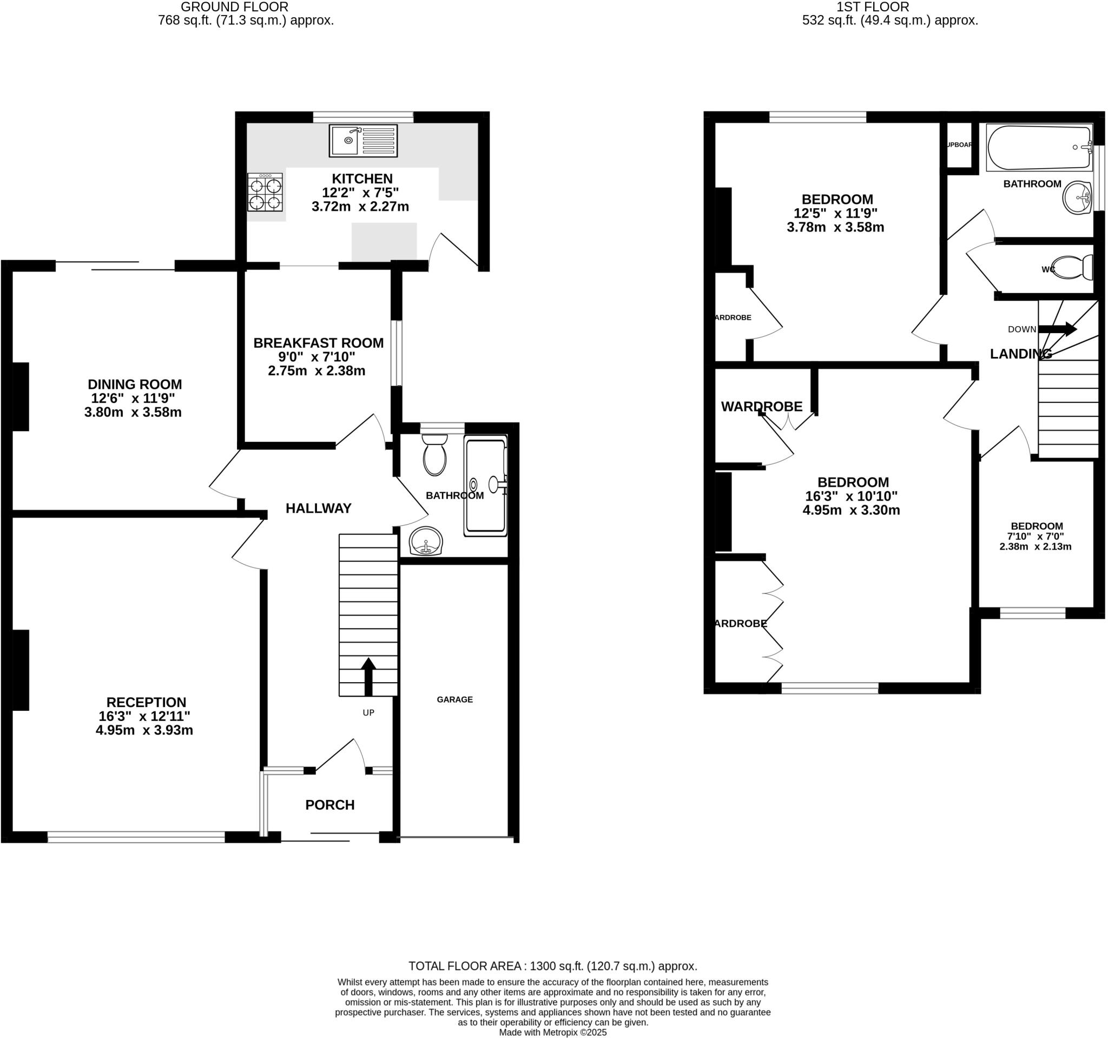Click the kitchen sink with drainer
364,141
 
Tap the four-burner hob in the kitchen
265,192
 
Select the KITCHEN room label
362,179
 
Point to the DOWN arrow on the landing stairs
1057,329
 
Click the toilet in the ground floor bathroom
435,456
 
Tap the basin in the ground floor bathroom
426,541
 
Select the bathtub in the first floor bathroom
1039,148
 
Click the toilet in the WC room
1071,268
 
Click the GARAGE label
455,699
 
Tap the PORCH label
330,804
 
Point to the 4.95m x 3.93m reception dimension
144,730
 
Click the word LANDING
1020,354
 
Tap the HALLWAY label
318,508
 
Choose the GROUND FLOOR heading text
235,7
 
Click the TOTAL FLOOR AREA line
553,966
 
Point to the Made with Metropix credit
553,1033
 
